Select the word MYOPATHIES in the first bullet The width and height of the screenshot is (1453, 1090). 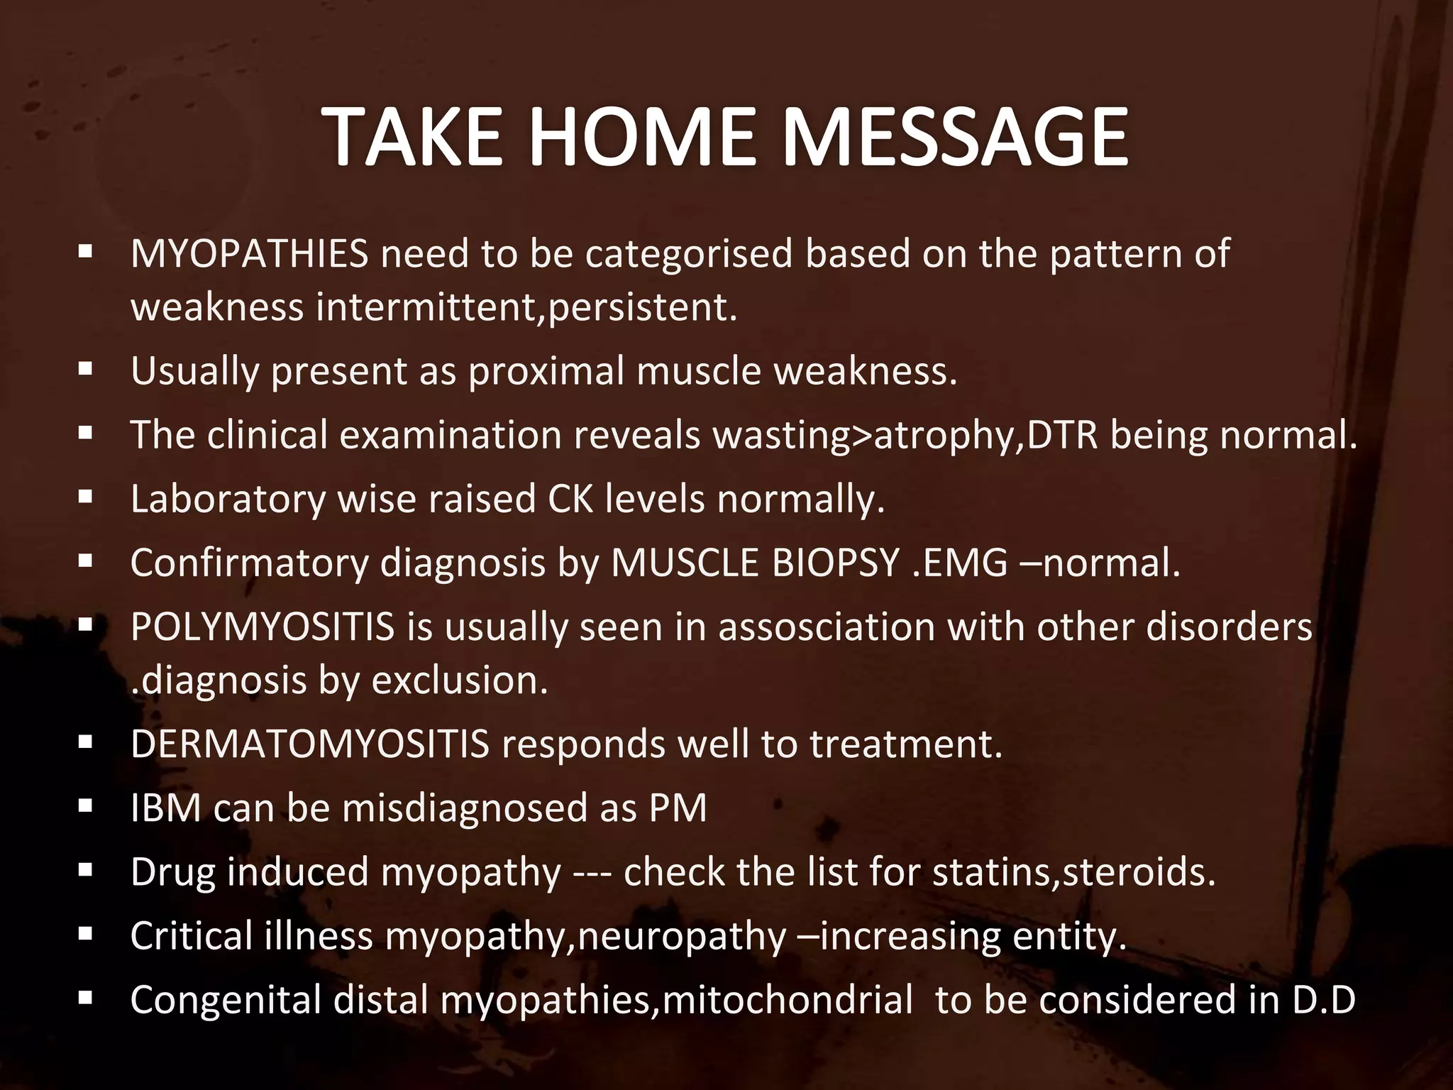249,253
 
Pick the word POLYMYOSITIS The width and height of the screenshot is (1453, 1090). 263,627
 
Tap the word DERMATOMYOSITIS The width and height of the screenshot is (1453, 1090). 310,744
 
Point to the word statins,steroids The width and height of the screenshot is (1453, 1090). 1073,872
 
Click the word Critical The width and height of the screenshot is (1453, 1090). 191,936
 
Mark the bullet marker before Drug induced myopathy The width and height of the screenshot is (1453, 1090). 86,871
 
